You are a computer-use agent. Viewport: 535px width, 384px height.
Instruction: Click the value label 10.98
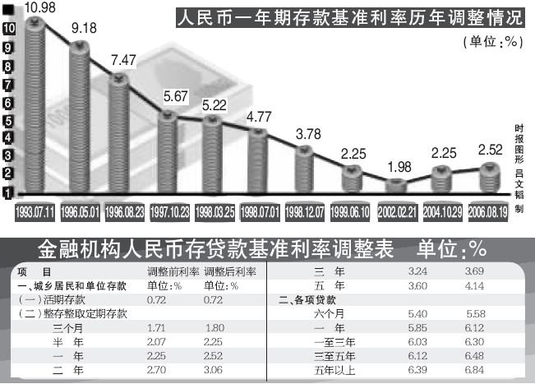tap(40, 7)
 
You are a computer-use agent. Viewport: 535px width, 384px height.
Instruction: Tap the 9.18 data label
tap(87, 31)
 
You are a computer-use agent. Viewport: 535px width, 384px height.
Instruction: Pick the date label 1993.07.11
tap(34, 212)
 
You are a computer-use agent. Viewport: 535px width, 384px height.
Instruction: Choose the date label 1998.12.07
tap(306, 212)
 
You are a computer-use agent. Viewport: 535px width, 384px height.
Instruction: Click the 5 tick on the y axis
tap(7, 120)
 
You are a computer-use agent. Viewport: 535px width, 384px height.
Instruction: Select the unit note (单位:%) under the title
tap(492, 40)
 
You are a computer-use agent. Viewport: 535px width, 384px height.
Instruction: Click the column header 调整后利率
tap(231, 271)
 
